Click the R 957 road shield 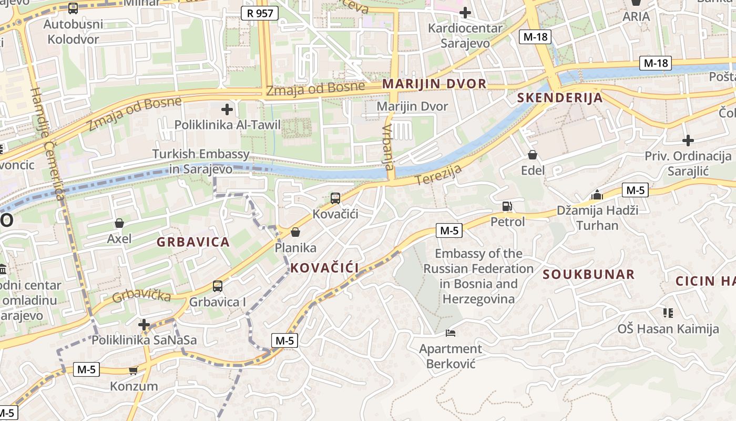pos(260,13)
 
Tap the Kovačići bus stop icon pos(335,198)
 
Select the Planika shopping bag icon pos(295,232)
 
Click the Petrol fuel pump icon pos(507,206)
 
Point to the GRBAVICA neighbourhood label pos(193,242)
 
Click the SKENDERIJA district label pos(560,97)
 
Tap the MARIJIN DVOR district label pos(434,84)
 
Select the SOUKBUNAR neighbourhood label pos(589,274)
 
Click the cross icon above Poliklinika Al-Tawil pos(227,109)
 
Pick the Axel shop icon pos(119,224)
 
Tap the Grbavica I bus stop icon pos(218,286)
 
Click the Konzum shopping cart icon pos(133,370)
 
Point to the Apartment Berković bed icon pos(451,333)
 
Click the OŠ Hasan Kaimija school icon pos(668,314)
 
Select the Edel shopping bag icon pos(533,155)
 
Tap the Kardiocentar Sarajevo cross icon pos(465,12)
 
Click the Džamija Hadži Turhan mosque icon pos(597,195)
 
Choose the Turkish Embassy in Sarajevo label pos(201,162)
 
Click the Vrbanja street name pos(388,147)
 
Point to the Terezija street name pos(438,175)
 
